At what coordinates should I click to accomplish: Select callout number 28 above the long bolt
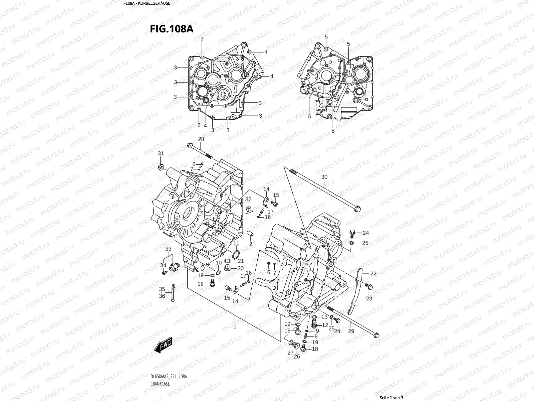(201, 139)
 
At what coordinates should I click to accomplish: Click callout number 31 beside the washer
(161, 153)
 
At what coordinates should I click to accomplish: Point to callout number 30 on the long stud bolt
(324, 177)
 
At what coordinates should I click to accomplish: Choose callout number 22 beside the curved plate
(373, 273)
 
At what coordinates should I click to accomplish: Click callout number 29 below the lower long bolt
(351, 331)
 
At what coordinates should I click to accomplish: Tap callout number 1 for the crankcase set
(235, 326)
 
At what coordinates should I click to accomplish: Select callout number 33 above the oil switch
(168, 249)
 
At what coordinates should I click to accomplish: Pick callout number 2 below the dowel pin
(251, 244)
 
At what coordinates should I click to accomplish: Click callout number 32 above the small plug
(248, 199)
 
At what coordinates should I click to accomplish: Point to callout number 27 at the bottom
(290, 353)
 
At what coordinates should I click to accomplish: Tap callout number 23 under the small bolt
(369, 299)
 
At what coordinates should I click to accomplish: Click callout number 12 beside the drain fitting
(325, 325)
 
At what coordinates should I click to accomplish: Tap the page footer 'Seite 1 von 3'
(391, 398)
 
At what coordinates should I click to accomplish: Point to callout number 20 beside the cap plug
(241, 269)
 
